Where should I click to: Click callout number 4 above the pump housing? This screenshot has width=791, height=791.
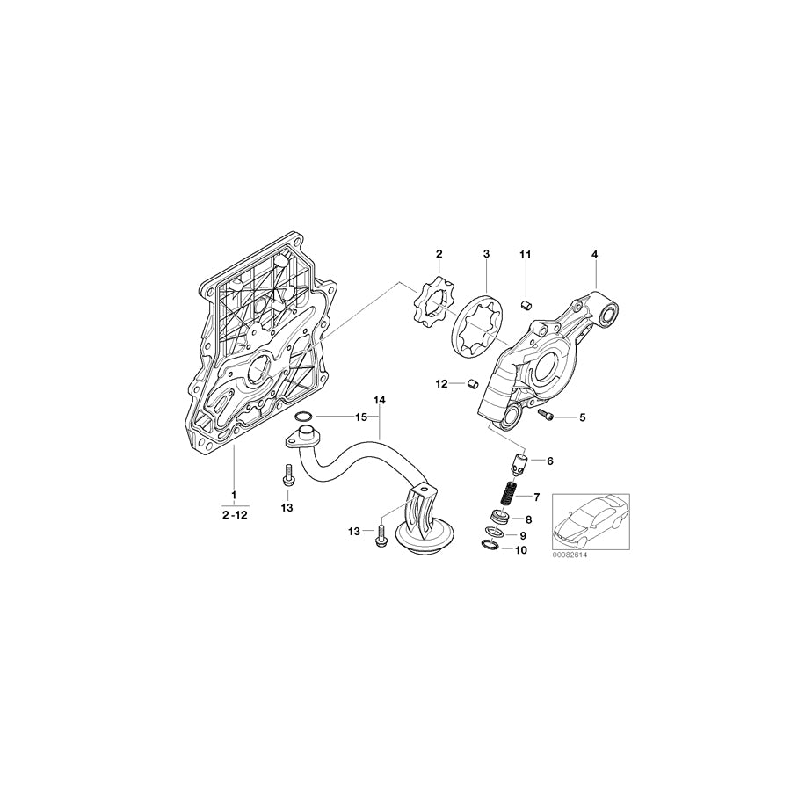click(594, 254)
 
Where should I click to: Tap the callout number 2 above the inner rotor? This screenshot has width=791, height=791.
click(439, 254)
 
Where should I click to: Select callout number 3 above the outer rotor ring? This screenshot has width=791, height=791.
click(486, 254)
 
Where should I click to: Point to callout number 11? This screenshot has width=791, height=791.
click(526, 254)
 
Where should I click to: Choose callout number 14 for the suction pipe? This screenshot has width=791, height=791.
click(380, 400)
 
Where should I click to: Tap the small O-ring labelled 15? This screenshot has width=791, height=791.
click(303, 417)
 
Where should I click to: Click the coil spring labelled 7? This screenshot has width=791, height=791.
click(510, 497)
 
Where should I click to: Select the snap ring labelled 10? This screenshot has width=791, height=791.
click(490, 546)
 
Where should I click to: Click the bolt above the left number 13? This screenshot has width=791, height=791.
click(287, 475)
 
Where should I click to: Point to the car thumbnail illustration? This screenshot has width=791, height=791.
click(590, 522)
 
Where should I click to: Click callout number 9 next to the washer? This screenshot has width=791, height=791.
click(522, 535)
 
